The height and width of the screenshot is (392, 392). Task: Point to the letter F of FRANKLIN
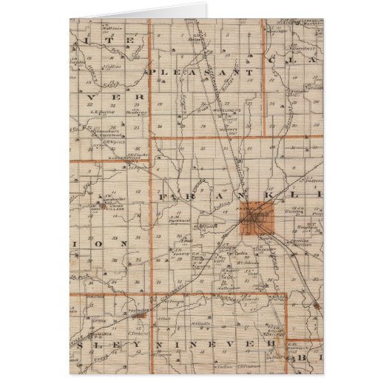coord(160,197)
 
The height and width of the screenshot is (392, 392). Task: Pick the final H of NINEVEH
coord(272,345)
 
